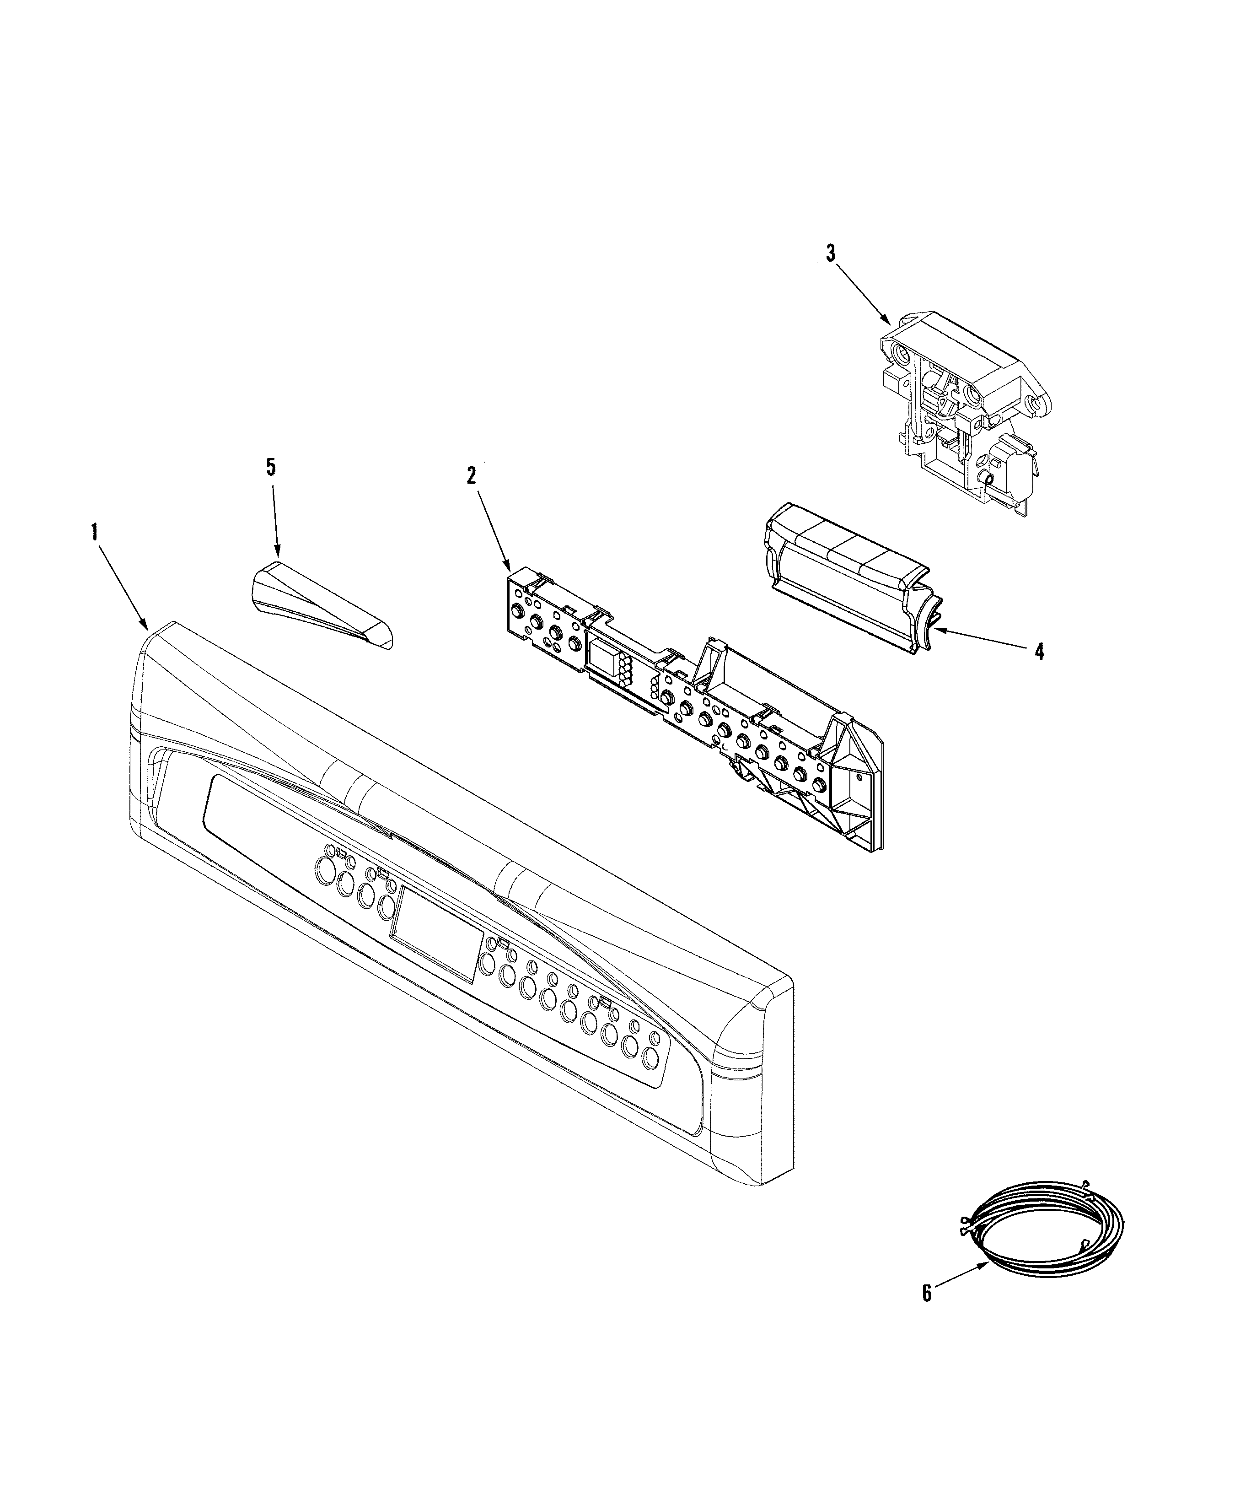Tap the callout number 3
click(x=830, y=253)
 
